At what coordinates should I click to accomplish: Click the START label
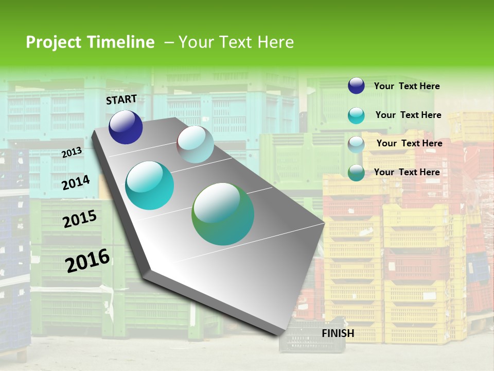coord(121,99)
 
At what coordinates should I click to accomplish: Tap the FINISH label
coord(338,333)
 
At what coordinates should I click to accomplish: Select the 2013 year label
coord(72,153)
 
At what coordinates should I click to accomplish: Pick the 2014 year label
coord(76,182)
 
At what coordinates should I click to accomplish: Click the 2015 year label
coord(80,219)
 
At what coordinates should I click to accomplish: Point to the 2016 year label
coord(87,260)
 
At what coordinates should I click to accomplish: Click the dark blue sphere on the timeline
coord(126,127)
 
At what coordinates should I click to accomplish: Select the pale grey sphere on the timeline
coord(195,144)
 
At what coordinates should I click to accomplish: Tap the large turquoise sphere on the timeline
coord(150,185)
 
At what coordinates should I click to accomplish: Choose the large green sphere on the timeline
coord(223,214)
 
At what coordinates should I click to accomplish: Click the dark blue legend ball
coord(356,86)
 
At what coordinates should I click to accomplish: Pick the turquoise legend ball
coord(356,115)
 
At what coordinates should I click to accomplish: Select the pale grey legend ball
coord(356,144)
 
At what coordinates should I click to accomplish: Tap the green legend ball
coord(356,173)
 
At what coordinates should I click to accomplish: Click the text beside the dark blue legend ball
coord(407,86)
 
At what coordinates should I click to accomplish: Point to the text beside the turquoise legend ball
coord(408,115)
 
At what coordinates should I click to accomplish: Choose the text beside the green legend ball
coord(407,172)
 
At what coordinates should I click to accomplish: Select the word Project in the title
coord(53,42)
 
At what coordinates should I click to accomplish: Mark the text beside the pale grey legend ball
coord(409,143)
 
